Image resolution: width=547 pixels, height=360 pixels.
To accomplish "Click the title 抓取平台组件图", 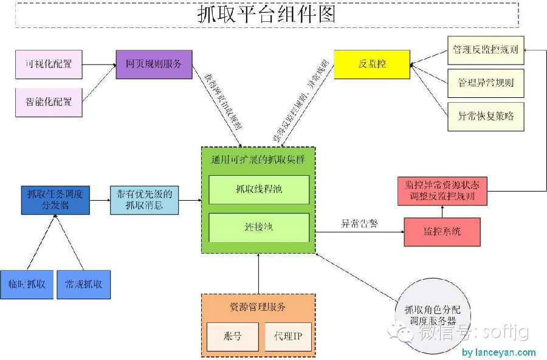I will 266,14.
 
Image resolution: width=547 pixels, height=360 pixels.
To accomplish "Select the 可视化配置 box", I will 48,64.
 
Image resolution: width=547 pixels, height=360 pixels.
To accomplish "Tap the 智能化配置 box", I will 48,101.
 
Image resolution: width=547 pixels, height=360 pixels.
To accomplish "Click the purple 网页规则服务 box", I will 154,64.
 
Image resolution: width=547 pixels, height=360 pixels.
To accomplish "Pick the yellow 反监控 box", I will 372,64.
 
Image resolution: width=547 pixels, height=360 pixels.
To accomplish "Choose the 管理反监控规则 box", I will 486,50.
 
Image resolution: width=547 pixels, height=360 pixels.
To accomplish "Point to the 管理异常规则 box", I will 486,82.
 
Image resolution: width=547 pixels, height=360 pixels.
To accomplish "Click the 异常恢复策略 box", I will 486,116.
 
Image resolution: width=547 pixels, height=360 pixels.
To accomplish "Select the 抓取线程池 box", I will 259,190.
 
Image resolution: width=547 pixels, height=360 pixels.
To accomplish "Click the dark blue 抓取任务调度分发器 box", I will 55,200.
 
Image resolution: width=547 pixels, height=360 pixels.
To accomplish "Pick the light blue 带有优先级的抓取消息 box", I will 145,200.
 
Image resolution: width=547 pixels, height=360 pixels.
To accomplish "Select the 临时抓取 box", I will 27,284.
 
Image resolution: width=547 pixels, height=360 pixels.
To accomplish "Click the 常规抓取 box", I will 84,284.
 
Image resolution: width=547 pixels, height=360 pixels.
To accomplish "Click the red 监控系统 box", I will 442,232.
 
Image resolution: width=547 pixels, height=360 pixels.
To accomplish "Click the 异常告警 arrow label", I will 359,224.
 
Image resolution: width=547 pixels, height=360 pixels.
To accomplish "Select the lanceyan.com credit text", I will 498,352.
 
